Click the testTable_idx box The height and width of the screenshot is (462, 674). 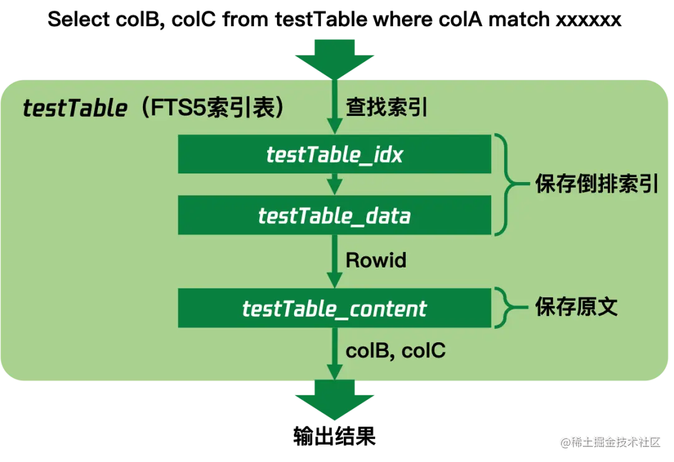pos(335,154)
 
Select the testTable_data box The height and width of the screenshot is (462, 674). pos(335,216)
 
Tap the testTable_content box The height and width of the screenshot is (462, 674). pos(335,308)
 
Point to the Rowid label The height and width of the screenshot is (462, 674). pos(376,260)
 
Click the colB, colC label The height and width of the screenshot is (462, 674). pos(396,350)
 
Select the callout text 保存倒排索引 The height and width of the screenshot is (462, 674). pos(597,185)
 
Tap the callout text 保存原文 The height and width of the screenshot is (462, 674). pos(576,307)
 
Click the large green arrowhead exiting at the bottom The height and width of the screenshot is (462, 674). pos(335,405)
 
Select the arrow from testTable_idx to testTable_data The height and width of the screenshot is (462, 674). pos(335,185)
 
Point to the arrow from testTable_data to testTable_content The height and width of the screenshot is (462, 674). pos(335,262)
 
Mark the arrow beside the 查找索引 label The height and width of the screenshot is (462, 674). pos(335,109)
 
